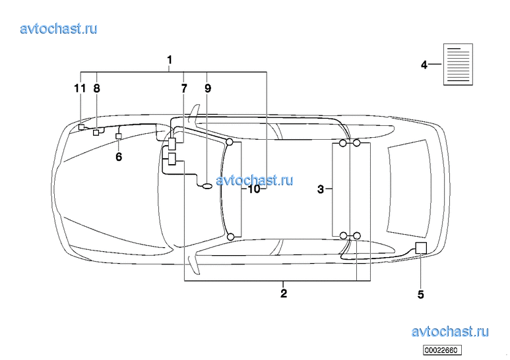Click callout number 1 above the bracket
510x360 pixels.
tap(169, 60)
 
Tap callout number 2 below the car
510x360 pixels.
tap(284, 293)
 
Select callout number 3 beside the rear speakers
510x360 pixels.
tap(321, 189)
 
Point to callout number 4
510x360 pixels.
tap(424, 65)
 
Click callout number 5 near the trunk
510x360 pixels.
tap(421, 295)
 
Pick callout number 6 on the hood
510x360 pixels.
tap(119, 157)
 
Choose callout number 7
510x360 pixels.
tap(184, 88)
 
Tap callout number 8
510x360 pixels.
tap(96, 88)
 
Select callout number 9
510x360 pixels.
tap(208, 88)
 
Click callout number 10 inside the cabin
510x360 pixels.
tap(254, 189)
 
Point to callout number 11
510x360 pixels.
tap(80, 88)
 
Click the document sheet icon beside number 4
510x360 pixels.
tap(458, 65)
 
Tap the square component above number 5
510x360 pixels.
tap(421, 248)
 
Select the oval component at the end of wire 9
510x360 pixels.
tap(207, 186)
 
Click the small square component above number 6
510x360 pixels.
tap(119, 136)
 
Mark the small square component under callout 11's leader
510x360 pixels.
tap(81, 127)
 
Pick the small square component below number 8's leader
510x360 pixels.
tap(96, 133)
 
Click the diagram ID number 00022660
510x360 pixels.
tap(442, 350)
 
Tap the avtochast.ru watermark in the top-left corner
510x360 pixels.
tap(59, 28)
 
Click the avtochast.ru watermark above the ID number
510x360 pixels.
tap(450, 332)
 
